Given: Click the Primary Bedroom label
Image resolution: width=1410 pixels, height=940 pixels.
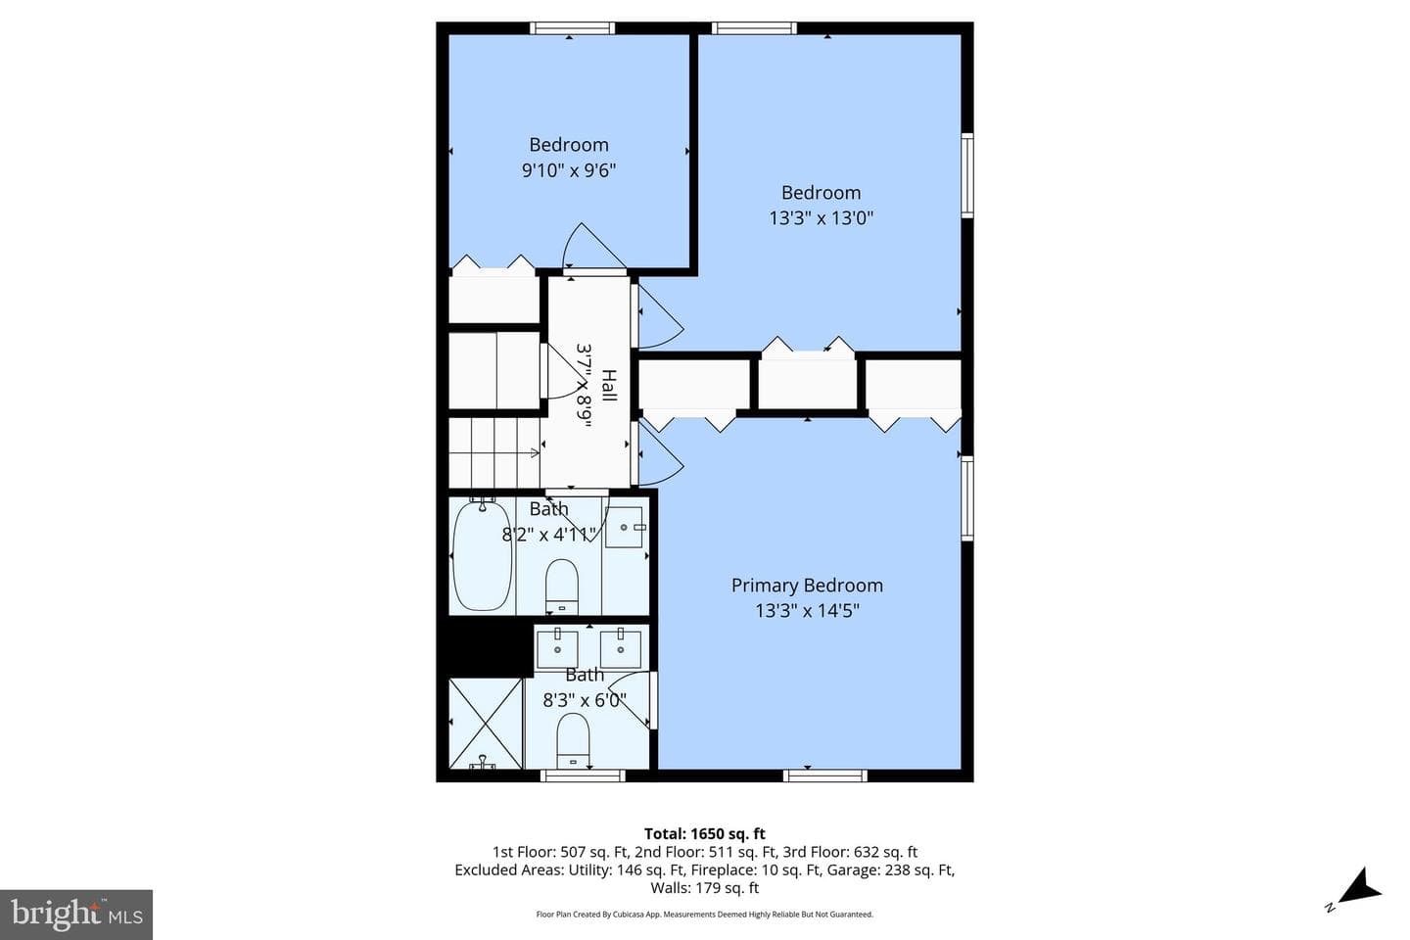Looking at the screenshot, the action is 807,586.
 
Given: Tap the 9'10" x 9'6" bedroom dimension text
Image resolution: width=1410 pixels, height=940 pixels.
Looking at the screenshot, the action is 568,170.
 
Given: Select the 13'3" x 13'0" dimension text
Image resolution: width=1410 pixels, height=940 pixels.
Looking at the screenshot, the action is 821,218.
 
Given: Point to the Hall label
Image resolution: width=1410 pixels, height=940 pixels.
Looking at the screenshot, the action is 609,385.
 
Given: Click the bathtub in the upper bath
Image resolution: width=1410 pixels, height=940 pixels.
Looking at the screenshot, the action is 482,554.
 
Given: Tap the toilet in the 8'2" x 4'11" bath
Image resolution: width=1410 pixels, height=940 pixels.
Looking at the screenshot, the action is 561,587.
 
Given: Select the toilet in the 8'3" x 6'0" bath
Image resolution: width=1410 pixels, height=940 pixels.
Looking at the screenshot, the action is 573,740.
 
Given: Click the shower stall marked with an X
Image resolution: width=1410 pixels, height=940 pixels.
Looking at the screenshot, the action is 486,724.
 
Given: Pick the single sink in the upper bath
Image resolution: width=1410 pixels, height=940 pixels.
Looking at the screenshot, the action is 625,527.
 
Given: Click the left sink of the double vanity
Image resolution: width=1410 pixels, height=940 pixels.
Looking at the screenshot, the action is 557,648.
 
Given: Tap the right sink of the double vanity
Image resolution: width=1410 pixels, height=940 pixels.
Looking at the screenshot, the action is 621,648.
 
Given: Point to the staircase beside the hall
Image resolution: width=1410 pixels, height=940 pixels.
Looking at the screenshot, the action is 494,452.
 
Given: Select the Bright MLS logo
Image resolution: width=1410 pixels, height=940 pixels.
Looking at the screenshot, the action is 76,915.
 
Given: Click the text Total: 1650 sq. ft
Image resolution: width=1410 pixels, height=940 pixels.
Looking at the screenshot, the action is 704,833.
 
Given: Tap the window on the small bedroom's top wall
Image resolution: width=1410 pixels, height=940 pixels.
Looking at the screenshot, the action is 572,28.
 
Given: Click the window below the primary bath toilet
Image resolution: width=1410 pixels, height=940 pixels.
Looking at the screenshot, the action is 583,775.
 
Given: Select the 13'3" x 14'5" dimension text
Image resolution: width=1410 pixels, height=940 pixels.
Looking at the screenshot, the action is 807,611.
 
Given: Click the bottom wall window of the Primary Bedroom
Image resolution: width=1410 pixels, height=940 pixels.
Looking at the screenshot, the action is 825,775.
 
